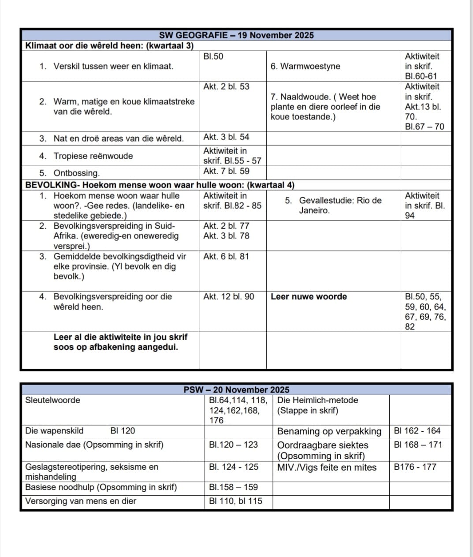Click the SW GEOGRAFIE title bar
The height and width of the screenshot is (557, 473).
(x=236, y=35)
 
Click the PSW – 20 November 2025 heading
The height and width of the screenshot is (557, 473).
(x=236, y=390)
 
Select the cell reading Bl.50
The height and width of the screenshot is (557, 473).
(x=213, y=56)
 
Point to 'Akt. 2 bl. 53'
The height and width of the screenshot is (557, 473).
(x=226, y=87)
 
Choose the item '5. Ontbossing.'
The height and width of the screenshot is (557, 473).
(x=76, y=173)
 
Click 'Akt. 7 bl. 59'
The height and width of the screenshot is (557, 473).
(x=226, y=172)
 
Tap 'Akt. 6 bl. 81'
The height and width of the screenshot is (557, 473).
(x=226, y=257)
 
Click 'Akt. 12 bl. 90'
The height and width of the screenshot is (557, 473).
(x=229, y=297)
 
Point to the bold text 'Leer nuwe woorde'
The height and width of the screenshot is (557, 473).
(x=309, y=297)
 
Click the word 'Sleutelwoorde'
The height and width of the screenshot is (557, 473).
(x=53, y=400)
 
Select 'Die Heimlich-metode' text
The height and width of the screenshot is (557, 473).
(x=317, y=400)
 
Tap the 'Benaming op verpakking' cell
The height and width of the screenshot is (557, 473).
(x=329, y=431)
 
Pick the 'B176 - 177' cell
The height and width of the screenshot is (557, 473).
(x=415, y=467)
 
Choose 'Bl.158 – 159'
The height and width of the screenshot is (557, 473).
(x=233, y=487)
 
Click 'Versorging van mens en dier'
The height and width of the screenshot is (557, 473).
(x=81, y=501)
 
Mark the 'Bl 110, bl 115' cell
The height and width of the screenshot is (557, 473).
(x=235, y=501)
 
